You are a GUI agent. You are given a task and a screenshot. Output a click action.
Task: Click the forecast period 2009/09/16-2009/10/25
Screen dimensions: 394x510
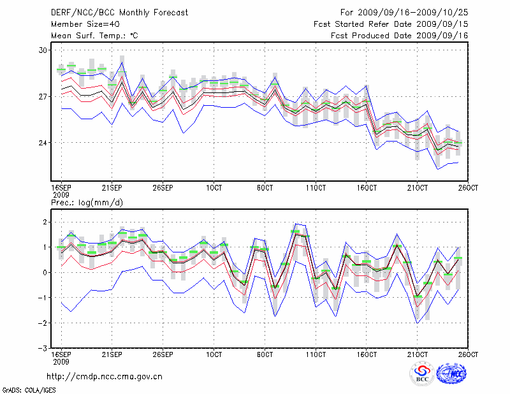[404, 12]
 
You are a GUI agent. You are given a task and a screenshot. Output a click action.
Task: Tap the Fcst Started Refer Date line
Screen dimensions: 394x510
[391, 24]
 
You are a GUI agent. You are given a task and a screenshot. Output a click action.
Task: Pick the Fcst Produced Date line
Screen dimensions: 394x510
[400, 36]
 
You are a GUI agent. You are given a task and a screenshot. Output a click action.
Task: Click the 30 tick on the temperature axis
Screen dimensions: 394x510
[43, 50]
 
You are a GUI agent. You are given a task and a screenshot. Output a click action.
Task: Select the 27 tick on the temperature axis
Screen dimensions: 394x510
[43, 96]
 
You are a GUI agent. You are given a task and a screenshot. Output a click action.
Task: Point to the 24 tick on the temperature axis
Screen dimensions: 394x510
[43, 142]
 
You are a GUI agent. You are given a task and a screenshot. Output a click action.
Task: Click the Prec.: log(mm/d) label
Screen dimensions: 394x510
[85, 202]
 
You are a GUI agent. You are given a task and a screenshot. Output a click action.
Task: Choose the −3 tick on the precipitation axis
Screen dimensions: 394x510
[43, 349]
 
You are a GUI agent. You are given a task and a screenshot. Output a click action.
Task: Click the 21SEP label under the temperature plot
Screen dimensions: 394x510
[112, 189]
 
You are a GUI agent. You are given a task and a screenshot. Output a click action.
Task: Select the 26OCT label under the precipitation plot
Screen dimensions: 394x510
[468, 354]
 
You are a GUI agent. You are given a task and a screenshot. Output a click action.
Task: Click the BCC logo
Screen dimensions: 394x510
[421, 374]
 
